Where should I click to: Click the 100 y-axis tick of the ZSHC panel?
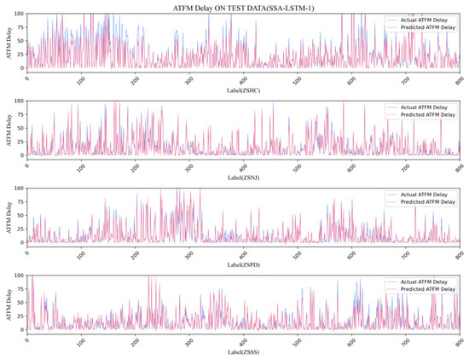[x=19, y=15]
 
